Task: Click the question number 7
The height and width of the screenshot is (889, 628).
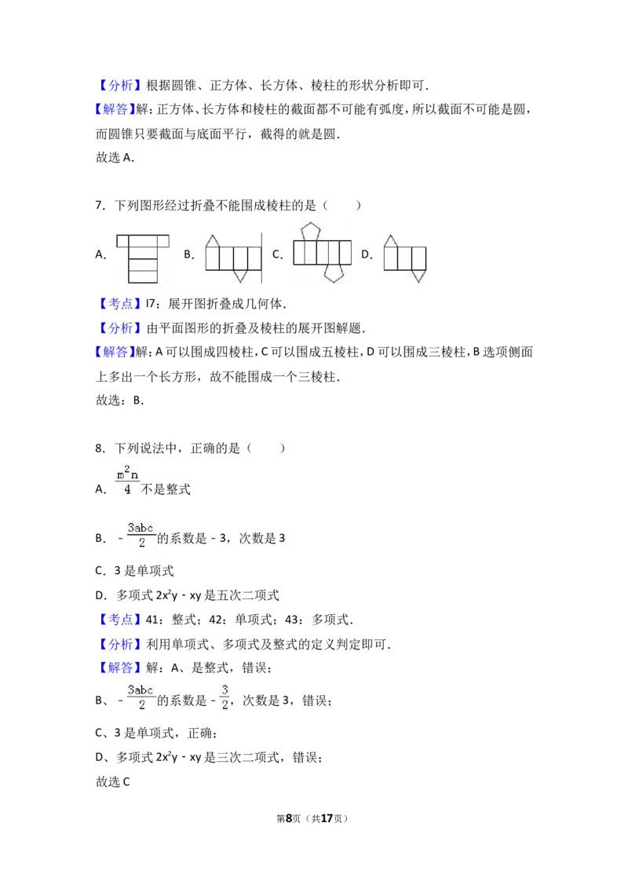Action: (100, 205)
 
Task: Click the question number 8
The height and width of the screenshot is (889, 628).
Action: (100, 448)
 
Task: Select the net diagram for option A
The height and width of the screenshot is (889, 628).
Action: (142, 258)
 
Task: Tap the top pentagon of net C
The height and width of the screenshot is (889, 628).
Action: (311, 232)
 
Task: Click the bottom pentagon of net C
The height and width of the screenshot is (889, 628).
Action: (334, 273)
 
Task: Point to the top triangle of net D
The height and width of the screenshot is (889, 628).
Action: (390, 240)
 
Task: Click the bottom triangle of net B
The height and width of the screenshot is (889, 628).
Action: (240, 276)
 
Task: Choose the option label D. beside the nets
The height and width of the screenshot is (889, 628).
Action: (367, 254)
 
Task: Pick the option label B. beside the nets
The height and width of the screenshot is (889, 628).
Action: (188, 254)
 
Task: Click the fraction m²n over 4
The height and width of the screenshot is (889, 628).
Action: (127, 481)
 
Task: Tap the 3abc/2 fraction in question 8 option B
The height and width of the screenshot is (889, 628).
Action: (141, 536)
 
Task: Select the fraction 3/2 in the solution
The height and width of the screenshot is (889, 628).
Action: (225, 697)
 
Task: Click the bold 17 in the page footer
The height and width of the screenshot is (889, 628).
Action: (327, 818)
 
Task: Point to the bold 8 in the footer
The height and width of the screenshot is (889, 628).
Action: (289, 818)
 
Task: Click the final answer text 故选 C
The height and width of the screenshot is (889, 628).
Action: (113, 782)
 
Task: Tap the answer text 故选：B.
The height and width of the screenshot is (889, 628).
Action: (119, 401)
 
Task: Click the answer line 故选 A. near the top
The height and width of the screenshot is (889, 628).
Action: (115, 158)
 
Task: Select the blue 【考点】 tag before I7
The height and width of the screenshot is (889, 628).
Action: (119, 304)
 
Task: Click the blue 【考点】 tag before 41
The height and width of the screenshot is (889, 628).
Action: (119, 620)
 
